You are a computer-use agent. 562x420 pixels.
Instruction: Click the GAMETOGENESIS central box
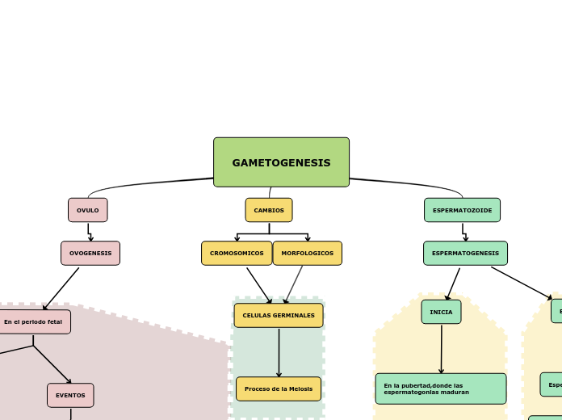click(x=281, y=162)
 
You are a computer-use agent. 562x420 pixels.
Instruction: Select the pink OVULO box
click(x=87, y=210)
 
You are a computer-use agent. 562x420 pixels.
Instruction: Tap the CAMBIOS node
click(x=269, y=210)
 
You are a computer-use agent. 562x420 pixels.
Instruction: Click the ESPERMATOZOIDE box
click(x=462, y=210)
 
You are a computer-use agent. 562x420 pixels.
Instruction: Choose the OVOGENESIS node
click(x=90, y=253)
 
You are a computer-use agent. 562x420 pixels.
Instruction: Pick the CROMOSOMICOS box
click(x=237, y=253)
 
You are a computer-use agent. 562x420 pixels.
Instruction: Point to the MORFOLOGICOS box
click(x=307, y=253)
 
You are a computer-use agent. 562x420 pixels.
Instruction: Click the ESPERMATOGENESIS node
click(x=465, y=253)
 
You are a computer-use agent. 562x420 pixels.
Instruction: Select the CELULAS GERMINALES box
click(x=279, y=315)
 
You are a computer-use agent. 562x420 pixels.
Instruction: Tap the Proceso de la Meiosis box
click(x=279, y=388)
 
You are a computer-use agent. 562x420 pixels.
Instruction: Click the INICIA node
click(x=441, y=312)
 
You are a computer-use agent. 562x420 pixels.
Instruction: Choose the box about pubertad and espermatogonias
click(x=441, y=388)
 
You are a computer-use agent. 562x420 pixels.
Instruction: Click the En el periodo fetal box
click(x=33, y=321)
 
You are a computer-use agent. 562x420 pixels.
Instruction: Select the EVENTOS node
click(x=70, y=395)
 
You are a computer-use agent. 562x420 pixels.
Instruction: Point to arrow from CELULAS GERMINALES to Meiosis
click(x=279, y=351)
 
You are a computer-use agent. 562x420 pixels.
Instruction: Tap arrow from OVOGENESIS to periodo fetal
click(x=62, y=288)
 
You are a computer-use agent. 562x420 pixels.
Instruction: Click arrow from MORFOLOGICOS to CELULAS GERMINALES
click(x=294, y=284)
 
